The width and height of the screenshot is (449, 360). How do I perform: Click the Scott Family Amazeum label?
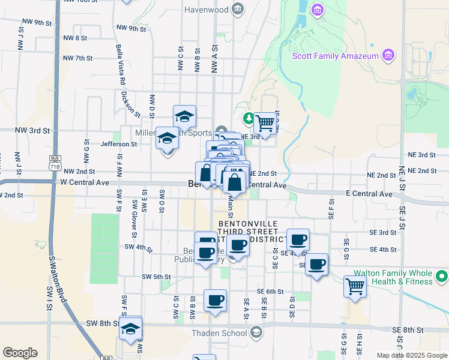pyautogui.click(x=335, y=56)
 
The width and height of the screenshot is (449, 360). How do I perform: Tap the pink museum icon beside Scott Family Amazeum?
pyautogui.click(x=389, y=56)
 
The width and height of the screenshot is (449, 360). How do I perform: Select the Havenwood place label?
pyautogui.click(x=206, y=10)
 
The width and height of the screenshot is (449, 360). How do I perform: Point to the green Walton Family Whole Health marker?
pyautogui.click(x=442, y=277)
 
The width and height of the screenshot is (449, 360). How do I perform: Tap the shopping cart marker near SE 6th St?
pyautogui.click(x=354, y=286)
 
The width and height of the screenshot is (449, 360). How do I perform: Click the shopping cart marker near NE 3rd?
pyautogui.click(x=264, y=123)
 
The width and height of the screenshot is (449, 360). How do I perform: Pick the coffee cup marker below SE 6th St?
pyautogui.click(x=215, y=300)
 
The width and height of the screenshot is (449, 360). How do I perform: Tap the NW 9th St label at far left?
pyautogui.click(x=37, y=22)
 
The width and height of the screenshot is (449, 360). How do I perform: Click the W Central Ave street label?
pyautogui.click(x=84, y=182)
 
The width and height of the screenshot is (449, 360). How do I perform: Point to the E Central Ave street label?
pyautogui.click(x=369, y=194)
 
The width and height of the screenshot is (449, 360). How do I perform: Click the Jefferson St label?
pyautogui.click(x=118, y=144)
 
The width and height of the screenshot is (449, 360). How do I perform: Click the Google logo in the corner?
pyautogui.click(x=20, y=353)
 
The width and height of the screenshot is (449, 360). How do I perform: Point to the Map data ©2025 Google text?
pyautogui.click(x=412, y=355)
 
